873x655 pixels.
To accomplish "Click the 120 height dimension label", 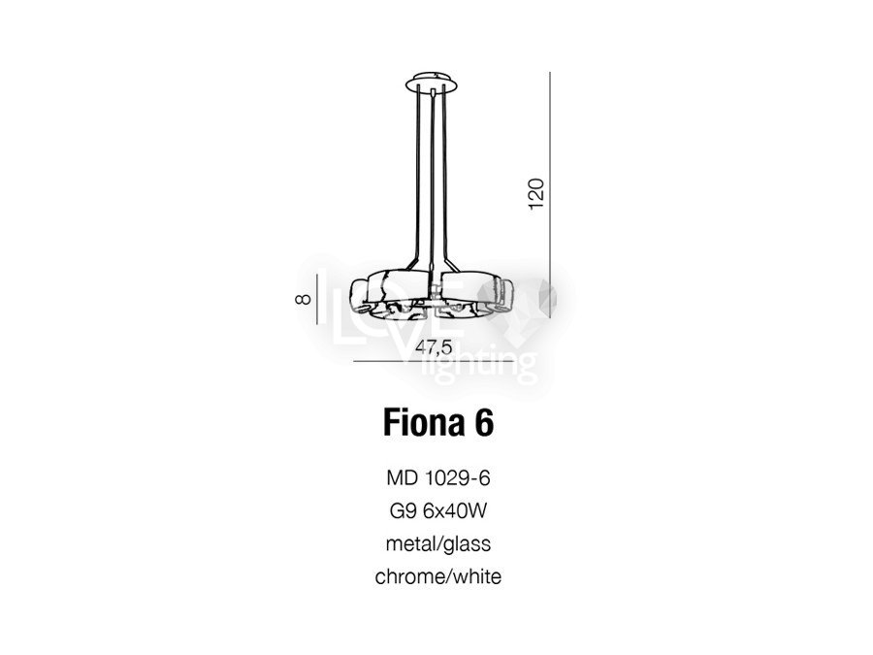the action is (535, 194).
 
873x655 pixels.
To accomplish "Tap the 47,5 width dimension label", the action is (435, 347).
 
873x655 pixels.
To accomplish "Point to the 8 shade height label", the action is (303, 299).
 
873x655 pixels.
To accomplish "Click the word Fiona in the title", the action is (423, 423).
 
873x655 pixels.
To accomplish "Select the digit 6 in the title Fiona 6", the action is (484, 423).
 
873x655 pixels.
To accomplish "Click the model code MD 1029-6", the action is (438, 477).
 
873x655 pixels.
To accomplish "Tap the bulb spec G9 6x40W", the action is (438, 510).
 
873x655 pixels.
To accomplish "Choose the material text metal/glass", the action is (438, 543).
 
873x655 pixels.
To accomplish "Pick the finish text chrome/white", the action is (438, 576).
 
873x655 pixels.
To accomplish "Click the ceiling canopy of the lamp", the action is (432, 83).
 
